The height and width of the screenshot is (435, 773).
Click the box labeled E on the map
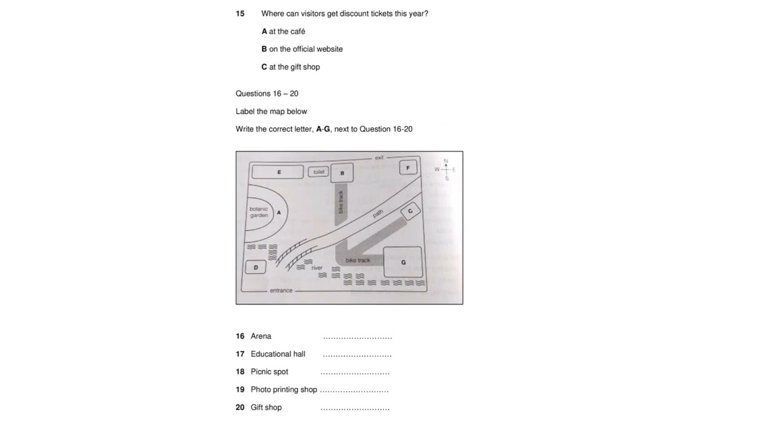coord(278,172)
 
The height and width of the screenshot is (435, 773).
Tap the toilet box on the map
coord(318,172)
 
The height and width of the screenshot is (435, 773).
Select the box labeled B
coord(342,173)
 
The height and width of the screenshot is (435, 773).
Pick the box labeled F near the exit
coord(408,167)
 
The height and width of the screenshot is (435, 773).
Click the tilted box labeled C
coord(411,211)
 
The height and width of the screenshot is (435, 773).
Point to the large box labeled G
coord(403,262)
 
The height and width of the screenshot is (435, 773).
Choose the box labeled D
coord(255,267)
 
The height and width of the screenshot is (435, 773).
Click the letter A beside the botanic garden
coord(279,213)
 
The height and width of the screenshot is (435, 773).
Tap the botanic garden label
coord(258,212)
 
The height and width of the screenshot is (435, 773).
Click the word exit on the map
coord(379,158)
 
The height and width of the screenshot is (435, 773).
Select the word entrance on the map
coord(281,291)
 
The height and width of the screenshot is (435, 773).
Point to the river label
coord(317,268)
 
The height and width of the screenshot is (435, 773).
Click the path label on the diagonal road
coord(378,213)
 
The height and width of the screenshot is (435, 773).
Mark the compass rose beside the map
coord(446,170)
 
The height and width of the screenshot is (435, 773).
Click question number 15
coord(240,13)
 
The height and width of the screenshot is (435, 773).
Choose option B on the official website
coord(302,49)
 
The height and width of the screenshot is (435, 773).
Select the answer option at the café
coord(283,31)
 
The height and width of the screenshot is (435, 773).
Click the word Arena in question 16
coord(261,336)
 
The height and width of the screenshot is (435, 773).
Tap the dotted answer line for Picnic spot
coord(355,373)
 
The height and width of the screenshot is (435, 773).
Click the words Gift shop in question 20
coord(266,407)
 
